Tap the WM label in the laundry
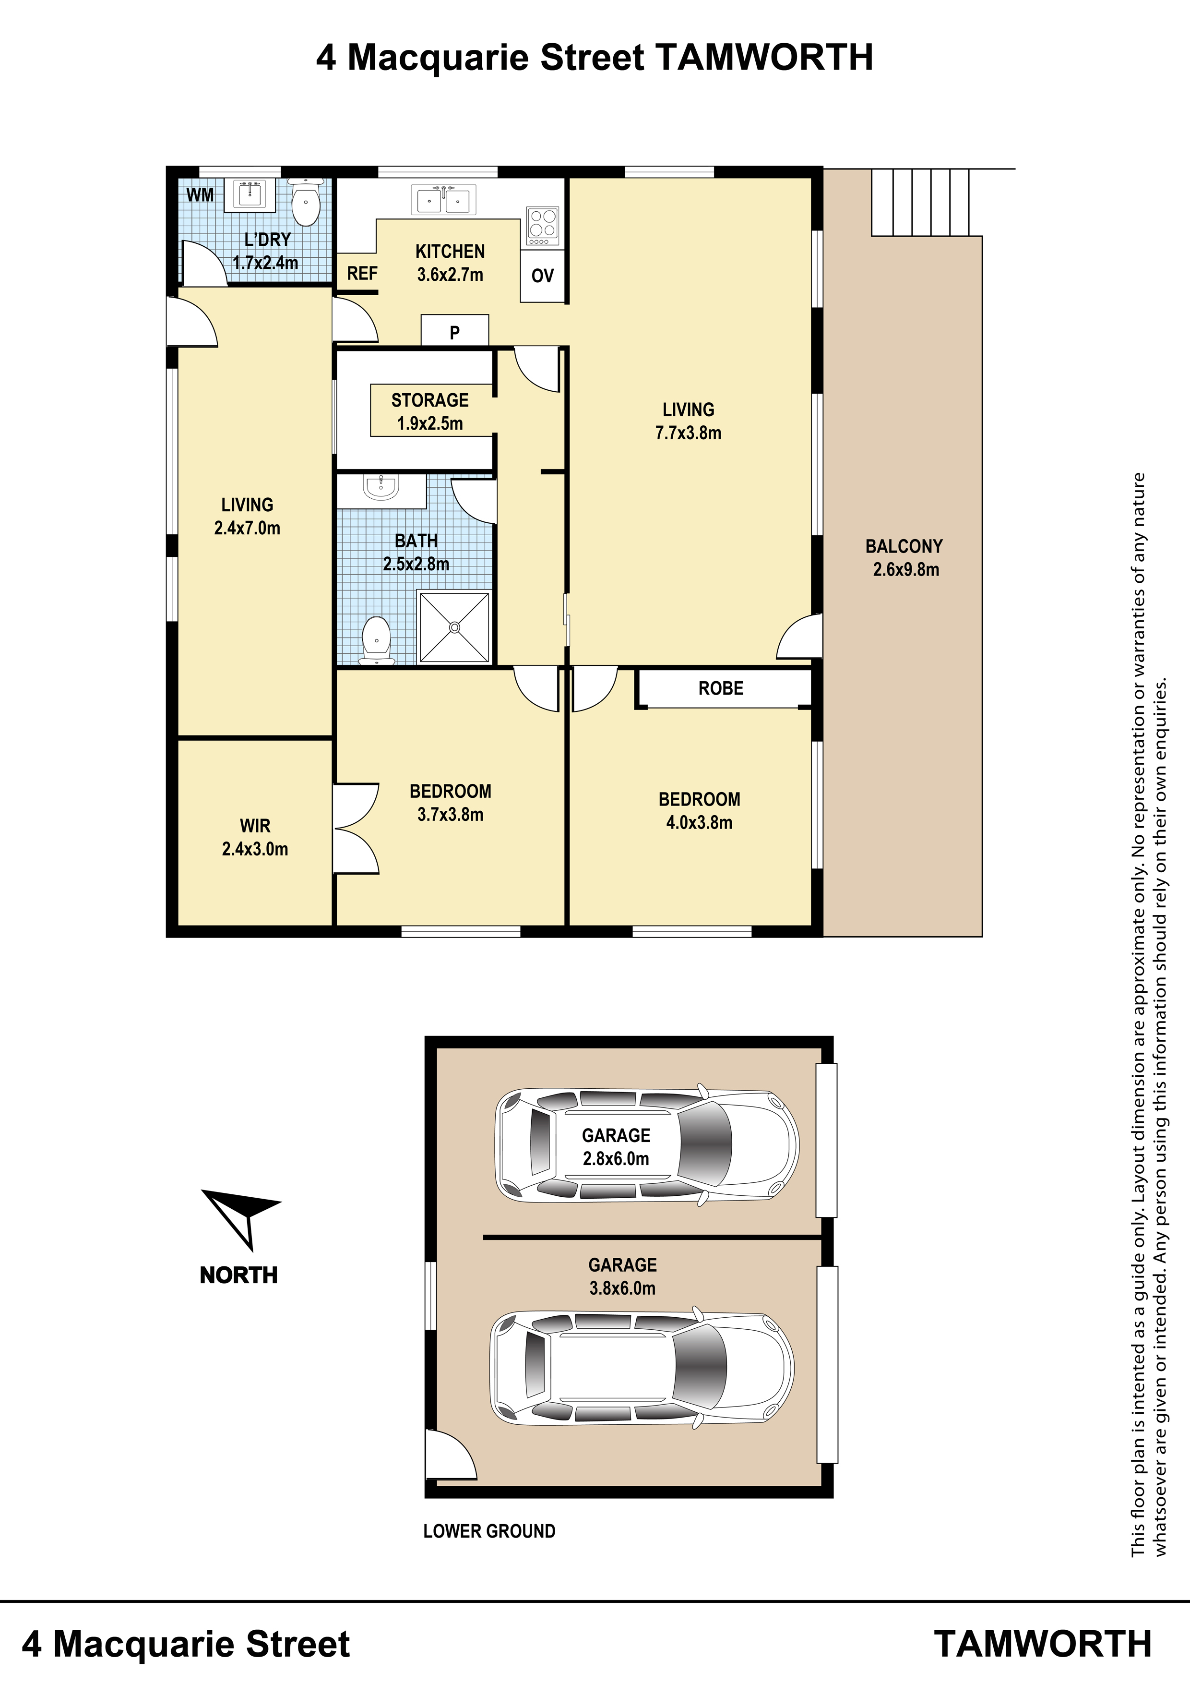(x=200, y=194)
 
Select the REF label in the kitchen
(x=362, y=274)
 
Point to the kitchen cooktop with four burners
(x=543, y=227)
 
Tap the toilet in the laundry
(x=305, y=203)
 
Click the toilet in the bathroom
(x=377, y=640)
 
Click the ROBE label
(x=721, y=688)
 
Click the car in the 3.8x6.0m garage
(x=642, y=1369)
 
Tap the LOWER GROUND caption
(x=489, y=1531)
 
